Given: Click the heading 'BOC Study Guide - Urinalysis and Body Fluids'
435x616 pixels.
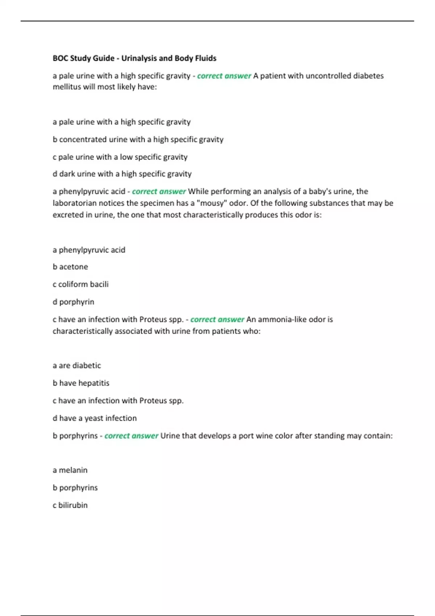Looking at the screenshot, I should point(134,58).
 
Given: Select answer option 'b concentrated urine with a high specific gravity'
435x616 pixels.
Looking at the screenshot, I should point(138,140).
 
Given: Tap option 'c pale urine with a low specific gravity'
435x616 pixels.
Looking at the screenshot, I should point(120,157).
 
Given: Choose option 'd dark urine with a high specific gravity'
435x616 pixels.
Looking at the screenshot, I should point(122,174).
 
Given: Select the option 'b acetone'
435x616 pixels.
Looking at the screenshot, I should point(70,267).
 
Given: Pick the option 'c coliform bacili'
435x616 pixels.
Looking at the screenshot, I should point(80,284).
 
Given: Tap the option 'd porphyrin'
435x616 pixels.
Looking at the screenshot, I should point(73,302).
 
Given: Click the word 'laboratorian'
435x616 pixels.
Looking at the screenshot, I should point(75,203).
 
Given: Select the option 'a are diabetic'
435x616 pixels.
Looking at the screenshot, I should point(77,365).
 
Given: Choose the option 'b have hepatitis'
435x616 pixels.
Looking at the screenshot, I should point(81,383).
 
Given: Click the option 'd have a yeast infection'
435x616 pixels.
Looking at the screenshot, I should point(95,418).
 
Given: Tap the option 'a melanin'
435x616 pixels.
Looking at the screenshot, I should point(70,470).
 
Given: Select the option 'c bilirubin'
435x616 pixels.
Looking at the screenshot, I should point(70,505).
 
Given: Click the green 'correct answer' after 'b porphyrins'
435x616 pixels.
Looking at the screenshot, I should point(131,436).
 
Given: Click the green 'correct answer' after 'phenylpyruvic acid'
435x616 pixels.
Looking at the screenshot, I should point(159,191).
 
